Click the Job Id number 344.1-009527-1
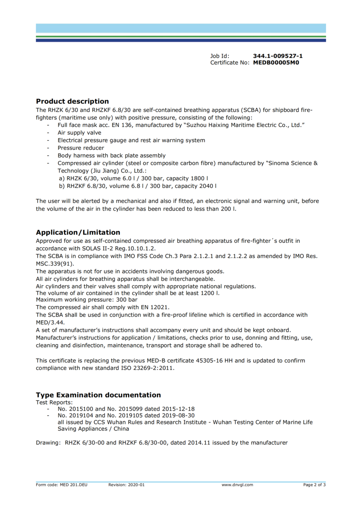coord(278,56)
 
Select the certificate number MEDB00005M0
coord(276,63)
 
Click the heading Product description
coord(72,101)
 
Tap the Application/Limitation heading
coord(78,232)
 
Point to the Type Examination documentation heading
coord(98,395)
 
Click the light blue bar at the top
coord(181,28)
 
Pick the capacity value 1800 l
coord(200,178)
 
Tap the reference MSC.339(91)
coord(55,264)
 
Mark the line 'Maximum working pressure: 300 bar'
coord(87,300)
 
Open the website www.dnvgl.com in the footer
coord(237,485)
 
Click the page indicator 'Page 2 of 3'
coord(314,485)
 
